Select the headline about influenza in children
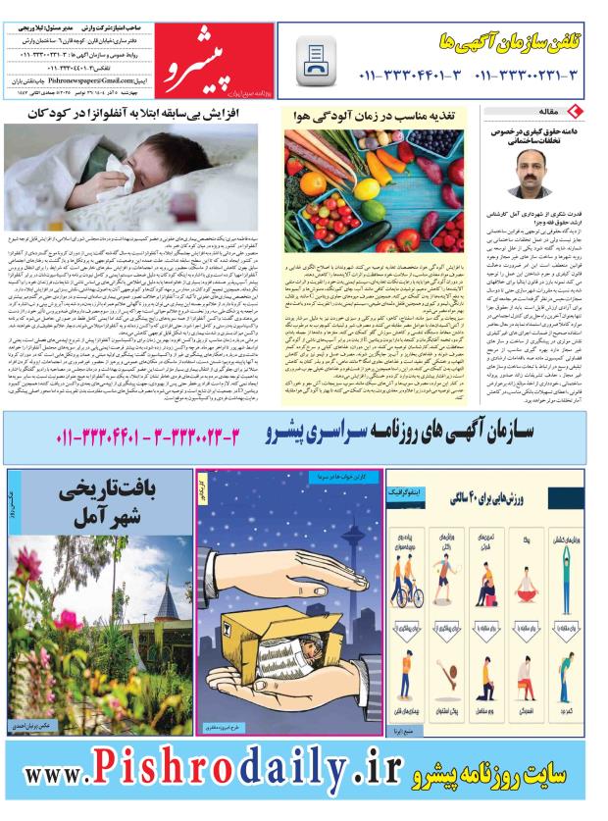182,114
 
